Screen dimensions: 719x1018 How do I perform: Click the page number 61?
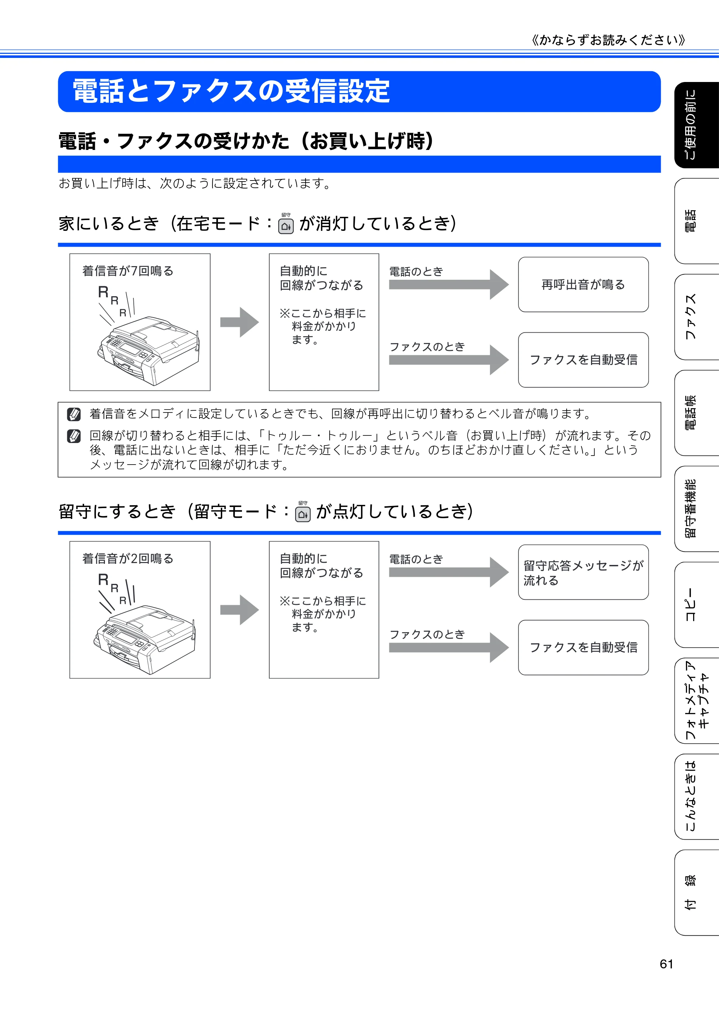pos(666,964)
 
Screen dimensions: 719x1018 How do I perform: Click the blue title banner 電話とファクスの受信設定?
pos(359,91)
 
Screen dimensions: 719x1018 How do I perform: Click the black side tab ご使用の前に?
pos(696,125)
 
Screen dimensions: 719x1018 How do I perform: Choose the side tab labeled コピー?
pos(696,605)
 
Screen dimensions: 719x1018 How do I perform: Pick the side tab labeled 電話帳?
pos(696,413)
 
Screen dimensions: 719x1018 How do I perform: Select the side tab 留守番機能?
pos(696,508)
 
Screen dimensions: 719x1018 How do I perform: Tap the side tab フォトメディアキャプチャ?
pos(696,700)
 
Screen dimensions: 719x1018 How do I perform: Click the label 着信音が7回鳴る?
pos(128,271)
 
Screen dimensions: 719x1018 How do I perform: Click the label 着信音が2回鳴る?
pos(128,559)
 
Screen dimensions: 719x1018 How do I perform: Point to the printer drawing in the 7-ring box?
pos(148,350)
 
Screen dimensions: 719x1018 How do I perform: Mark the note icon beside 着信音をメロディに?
pos(74,414)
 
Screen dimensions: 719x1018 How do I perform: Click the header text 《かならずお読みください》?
pos(608,40)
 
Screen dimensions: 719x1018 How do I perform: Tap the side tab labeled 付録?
pos(696,893)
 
